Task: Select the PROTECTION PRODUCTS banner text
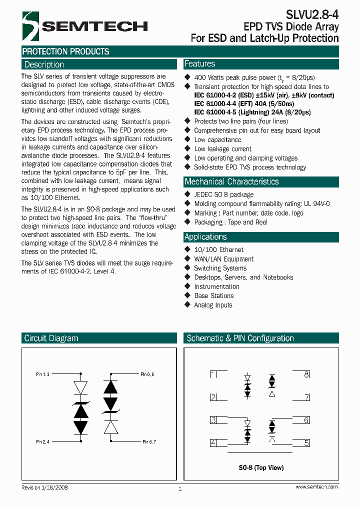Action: coord(65,51)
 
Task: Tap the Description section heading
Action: coord(44,64)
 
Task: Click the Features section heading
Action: coord(200,64)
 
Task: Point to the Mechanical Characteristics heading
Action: coord(231,181)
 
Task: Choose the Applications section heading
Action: coord(205,237)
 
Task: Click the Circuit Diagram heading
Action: coord(51,338)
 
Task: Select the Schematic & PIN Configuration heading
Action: coord(240,338)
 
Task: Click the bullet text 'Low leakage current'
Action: coord(222,149)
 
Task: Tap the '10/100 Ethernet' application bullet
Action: coord(218,249)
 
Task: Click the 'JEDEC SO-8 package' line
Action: coord(223,194)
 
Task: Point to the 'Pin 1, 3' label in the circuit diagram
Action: coord(42,374)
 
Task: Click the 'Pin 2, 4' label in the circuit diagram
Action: coord(42,442)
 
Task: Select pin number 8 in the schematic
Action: coord(306,374)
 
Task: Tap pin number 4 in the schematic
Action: coord(213,442)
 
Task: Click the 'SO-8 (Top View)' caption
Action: coord(260,467)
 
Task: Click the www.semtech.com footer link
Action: coord(316,487)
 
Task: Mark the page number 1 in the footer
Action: coord(180,489)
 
